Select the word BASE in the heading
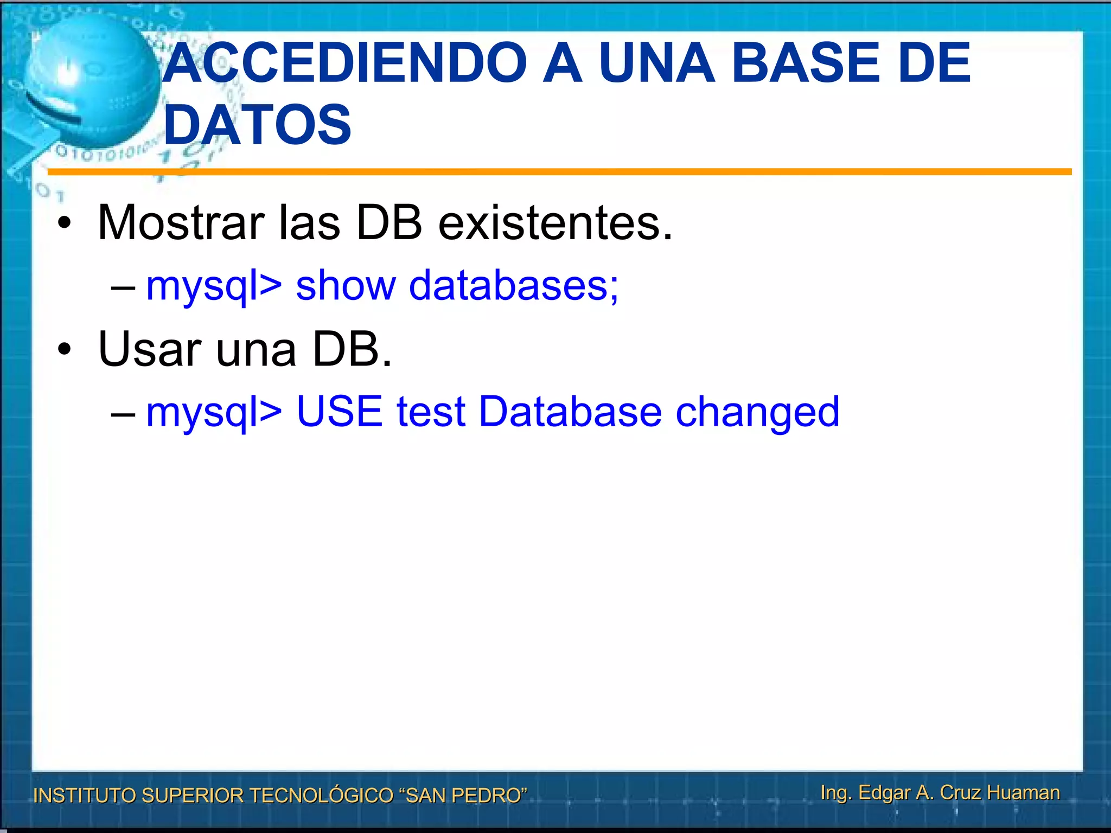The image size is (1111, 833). [805, 63]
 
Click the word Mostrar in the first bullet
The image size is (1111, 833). [181, 223]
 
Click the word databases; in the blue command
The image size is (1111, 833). [513, 285]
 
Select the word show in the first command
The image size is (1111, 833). [346, 285]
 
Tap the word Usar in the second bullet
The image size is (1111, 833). [150, 349]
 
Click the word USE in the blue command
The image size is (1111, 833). [339, 412]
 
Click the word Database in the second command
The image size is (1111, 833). [570, 412]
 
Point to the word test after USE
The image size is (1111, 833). [431, 412]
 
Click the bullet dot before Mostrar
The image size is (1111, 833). [65, 224]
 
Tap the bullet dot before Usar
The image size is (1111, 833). [65, 350]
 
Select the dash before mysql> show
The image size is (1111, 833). [123, 288]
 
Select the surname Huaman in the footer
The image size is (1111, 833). [1023, 793]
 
